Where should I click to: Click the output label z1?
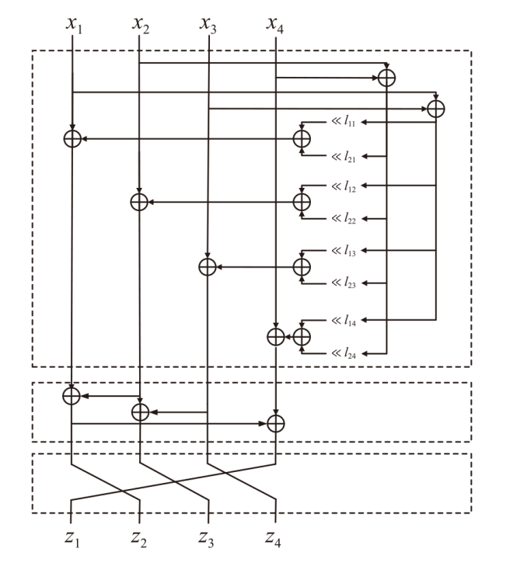pos(73,537)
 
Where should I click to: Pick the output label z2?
pos(140,537)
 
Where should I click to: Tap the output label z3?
pos(207,537)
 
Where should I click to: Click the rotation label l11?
pos(347,122)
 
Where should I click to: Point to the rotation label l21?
pos(347,157)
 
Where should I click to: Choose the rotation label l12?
pos(347,186)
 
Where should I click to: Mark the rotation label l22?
pos(347,220)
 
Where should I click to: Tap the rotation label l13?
pos(347,251)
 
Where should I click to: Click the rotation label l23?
pos(347,285)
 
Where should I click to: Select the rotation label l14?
pos(347,319)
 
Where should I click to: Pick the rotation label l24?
pos(347,354)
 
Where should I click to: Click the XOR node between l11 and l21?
pos(302,138)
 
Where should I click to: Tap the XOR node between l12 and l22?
pos(302,202)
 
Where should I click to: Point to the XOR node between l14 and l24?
pos(302,336)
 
